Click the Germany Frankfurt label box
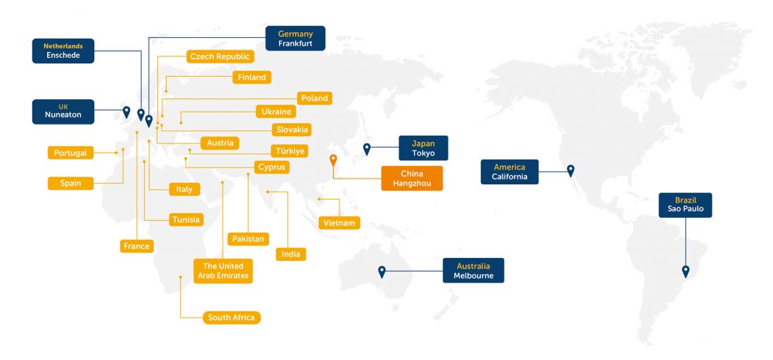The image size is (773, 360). [x=295, y=38]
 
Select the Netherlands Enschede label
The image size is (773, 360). [x=63, y=51]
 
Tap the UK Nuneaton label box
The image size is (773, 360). [x=63, y=112]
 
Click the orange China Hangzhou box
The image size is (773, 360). [x=412, y=179]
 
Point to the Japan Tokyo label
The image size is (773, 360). [x=424, y=148]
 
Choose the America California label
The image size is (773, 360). [x=509, y=172]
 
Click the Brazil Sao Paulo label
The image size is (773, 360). [x=685, y=205]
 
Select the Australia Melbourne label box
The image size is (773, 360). [x=473, y=270]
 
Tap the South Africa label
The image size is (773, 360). [x=231, y=318]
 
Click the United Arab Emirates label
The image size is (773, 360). [x=223, y=271]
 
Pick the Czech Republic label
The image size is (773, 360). [x=220, y=56]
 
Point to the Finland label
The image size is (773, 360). [x=252, y=77]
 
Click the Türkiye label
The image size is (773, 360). [x=290, y=151]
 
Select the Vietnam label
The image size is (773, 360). [x=339, y=223]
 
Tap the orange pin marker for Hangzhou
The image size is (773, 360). [x=333, y=160]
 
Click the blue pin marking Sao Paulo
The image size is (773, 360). [x=685, y=271]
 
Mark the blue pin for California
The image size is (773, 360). [x=571, y=171]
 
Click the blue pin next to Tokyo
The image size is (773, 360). [x=367, y=149]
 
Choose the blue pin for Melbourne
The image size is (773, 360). [x=382, y=271]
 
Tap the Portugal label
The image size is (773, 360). [x=70, y=153]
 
